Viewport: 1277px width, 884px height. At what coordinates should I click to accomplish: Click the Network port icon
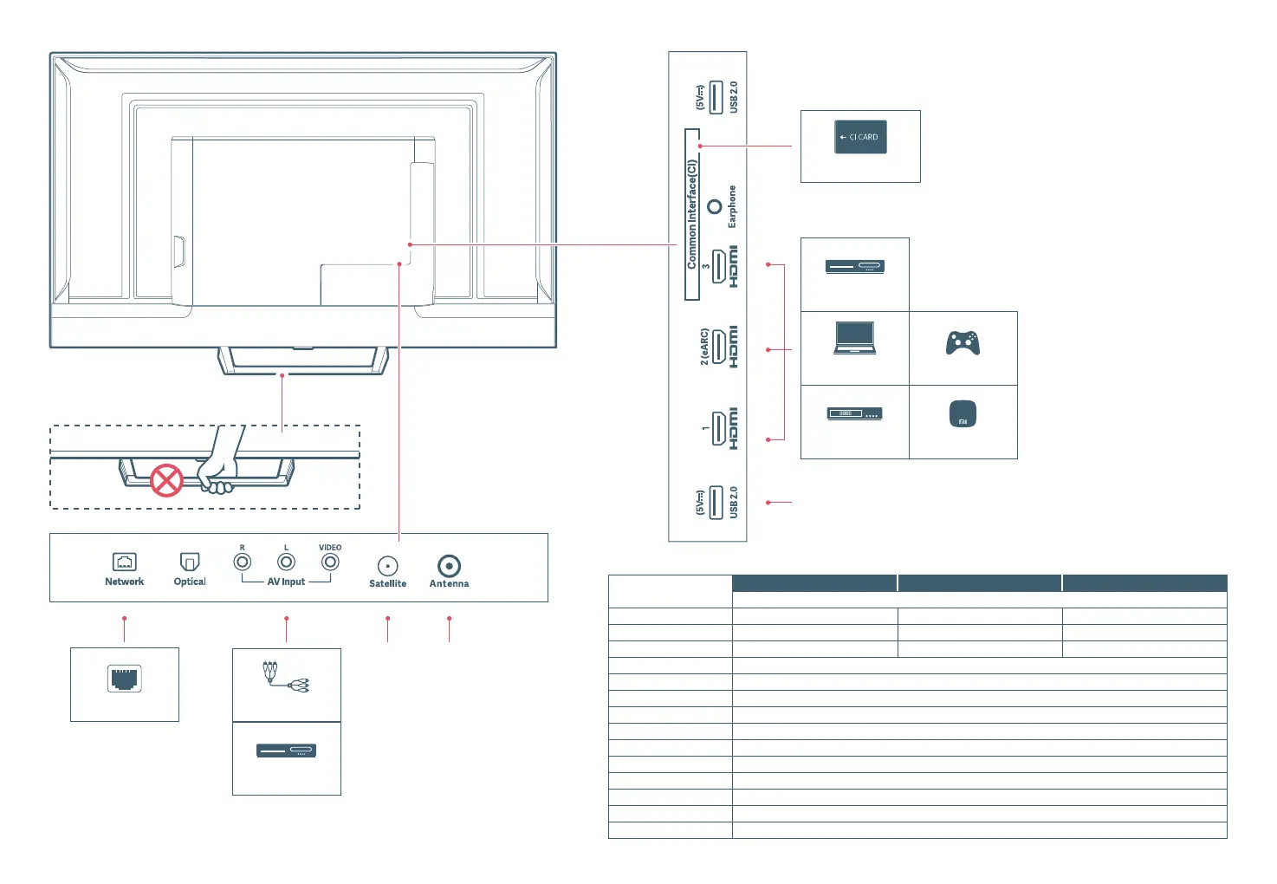[125, 562]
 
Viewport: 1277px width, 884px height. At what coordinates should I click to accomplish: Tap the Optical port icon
[190, 562]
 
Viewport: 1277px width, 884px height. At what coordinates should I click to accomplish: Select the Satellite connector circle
[388, 566]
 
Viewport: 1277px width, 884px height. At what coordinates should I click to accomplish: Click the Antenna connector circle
[449, 566]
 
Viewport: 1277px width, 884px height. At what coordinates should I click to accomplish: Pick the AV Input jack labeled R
[243, 562]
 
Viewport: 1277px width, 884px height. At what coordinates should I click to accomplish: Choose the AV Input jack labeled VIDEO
[330, 562]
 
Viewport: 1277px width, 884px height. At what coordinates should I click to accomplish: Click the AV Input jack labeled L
[286, 562]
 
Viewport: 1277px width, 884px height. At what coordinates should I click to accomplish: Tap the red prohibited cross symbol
[167, 480]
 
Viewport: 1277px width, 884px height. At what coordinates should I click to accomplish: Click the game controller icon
[963, 343]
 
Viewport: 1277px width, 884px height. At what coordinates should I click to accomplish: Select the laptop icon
[855, 338]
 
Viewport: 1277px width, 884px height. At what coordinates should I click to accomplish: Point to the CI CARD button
[860, 137]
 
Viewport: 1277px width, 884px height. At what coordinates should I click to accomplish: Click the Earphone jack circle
[715, 207]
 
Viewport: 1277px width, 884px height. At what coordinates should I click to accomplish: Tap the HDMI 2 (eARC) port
[719, 348]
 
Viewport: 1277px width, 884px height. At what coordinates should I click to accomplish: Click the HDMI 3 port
[719, 266]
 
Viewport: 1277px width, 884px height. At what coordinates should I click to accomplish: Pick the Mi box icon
[963, 414]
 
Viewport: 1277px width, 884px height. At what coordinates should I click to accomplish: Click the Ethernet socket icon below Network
[125, 679]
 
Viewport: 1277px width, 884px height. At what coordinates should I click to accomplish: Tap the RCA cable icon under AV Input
[285, 677]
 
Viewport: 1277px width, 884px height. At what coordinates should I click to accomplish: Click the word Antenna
[449, 584]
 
